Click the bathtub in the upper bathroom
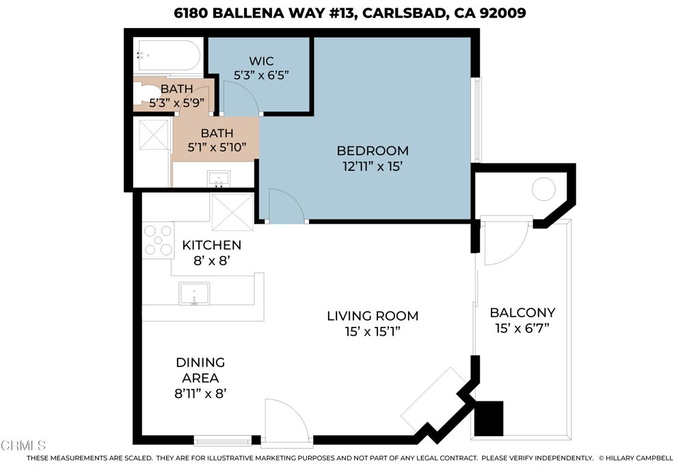(168, 57)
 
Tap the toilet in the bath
(146, 94)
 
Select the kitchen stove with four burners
(158, 240)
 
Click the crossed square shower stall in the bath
(154, 133)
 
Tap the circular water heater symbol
(544, 189)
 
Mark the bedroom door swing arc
(286, 205)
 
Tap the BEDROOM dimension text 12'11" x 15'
(373, 166)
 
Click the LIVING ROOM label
(372, 316)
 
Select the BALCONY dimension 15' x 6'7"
(522, 329)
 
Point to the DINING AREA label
(200, 370)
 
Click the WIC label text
(260, 62)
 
